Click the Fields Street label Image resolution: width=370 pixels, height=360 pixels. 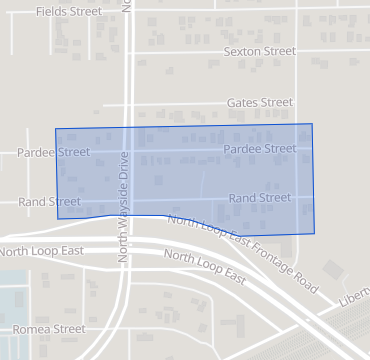click(68, 12)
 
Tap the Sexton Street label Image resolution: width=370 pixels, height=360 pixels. click(260, 51)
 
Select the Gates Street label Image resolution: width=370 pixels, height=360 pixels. click(260, 102)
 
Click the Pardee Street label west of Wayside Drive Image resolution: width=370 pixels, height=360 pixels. click(53, 153)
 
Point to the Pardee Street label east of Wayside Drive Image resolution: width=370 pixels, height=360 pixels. click(260, 149)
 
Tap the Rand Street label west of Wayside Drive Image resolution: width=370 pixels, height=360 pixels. click(50, 201)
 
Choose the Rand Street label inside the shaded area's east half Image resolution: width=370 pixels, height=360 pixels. click(260, 198)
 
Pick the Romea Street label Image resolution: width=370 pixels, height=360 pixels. click(49, 328)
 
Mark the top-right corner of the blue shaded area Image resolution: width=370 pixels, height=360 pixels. click(312, 124)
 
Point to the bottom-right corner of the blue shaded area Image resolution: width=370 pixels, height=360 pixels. click(314, 234)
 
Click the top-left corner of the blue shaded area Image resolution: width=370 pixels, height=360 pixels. click(55, 129)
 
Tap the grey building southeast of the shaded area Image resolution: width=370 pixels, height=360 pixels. click(331, 269)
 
